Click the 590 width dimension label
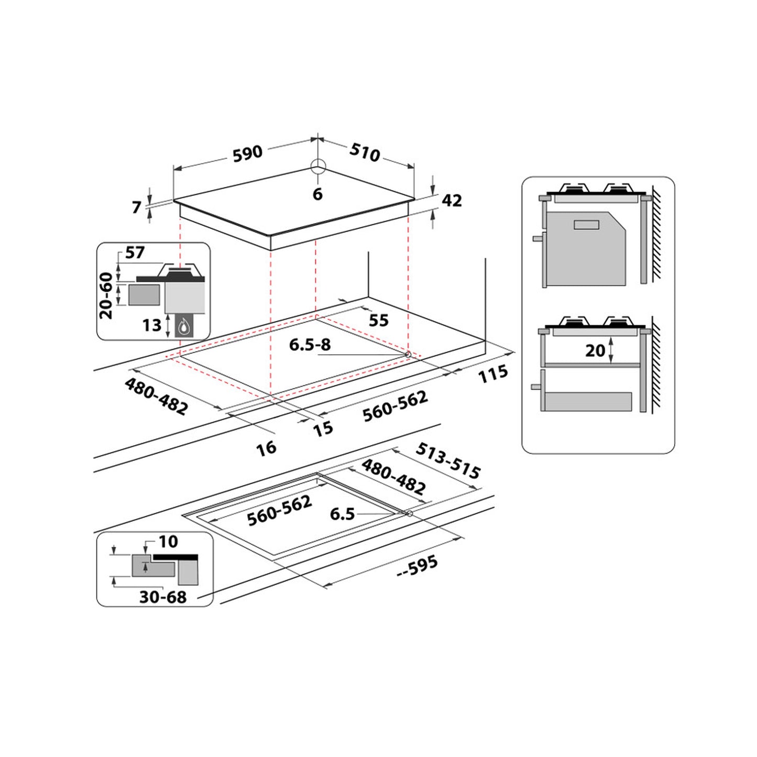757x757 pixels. coord(247,153)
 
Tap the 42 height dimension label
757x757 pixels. coord(452,201)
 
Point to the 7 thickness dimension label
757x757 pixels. coord(137,207)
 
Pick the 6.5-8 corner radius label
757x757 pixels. coord(310,345)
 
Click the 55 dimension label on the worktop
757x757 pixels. coord(378,320)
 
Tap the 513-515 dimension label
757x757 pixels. coord(448,461)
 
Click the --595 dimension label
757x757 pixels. coord(416,566)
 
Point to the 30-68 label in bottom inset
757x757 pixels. coord(162,597)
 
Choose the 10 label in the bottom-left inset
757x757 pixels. coord(168,541)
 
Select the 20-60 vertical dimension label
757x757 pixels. coord(106,295)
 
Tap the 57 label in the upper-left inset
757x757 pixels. coord(134,253)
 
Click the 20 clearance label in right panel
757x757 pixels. coord(595,350)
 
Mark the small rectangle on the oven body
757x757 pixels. coord(586,225)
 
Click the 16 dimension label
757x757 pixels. coord(266,448)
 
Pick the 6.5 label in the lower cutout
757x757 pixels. coord(342,514)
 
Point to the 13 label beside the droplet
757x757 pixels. coord(151,325)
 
